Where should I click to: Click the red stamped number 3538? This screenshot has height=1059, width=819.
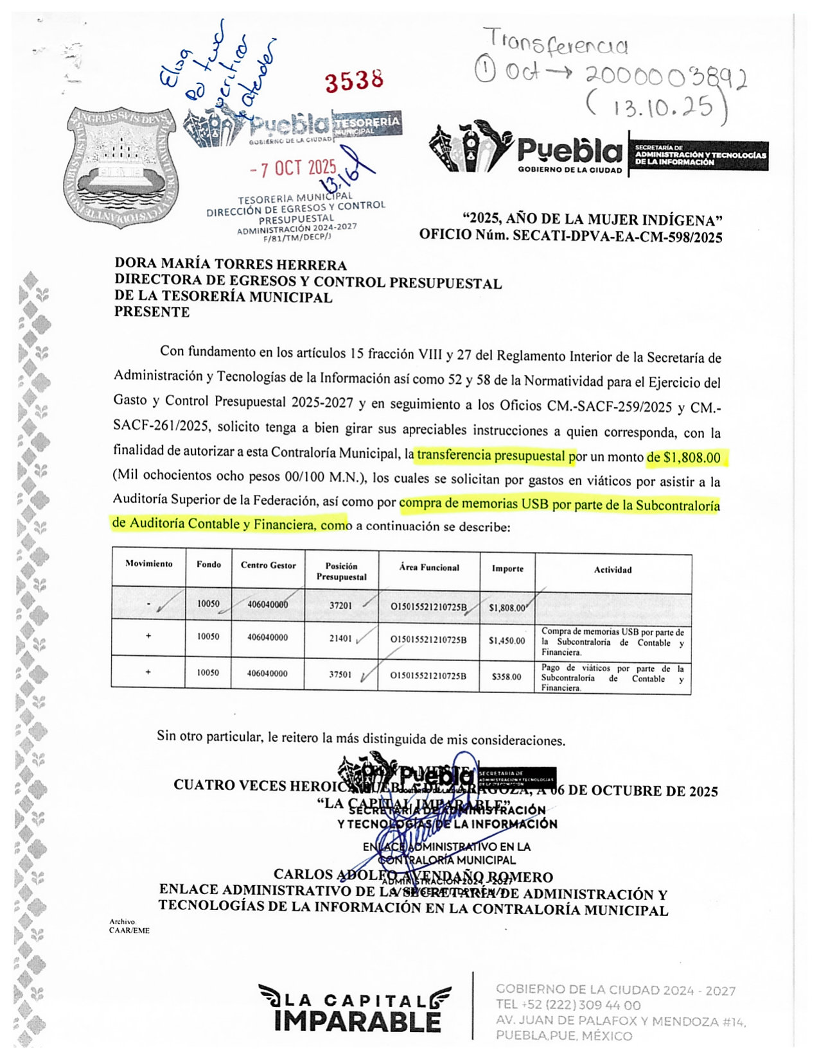click(354, 82)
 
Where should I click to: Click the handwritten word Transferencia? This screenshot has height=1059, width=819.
click(556, 42)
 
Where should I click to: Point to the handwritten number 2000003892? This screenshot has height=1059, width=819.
click(665, 78)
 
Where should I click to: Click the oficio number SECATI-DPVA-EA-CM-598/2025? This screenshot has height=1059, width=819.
click(617, 237)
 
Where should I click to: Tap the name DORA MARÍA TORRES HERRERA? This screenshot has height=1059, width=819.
click(231, 264)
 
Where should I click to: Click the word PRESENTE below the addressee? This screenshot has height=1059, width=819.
click(152, 312)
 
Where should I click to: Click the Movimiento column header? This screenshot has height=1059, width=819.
click(149, 564)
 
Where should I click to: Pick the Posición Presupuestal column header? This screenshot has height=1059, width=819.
click(341, 571)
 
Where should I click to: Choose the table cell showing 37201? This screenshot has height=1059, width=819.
click(340, 605)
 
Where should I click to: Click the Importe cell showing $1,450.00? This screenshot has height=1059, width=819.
click(507, 641)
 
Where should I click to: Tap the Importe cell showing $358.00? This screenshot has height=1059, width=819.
click(507, 676)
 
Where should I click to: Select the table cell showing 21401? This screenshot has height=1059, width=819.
click(340, 639)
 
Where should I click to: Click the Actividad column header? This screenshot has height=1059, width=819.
click(613, 569)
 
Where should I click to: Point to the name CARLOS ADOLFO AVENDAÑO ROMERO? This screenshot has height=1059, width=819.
click(413, 876)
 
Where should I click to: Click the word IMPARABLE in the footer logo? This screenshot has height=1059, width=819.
click(357, 1022)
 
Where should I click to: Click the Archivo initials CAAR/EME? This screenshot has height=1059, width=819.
click(129, 930)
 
